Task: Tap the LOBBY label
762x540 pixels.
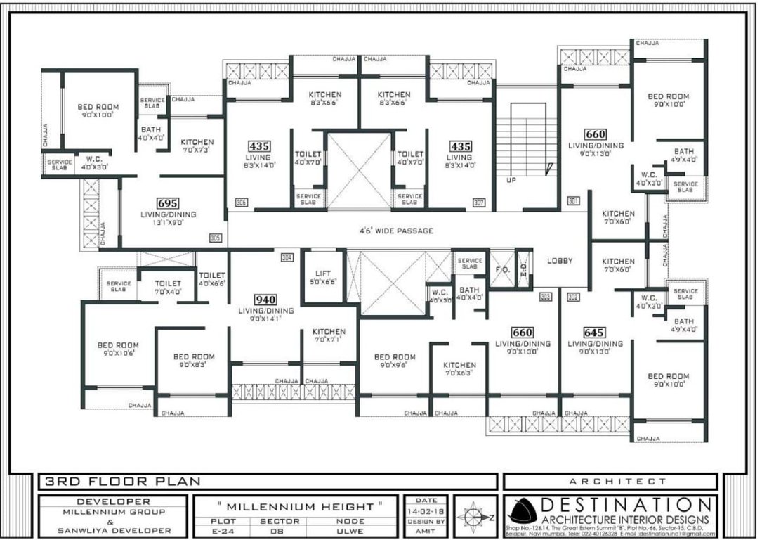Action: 560,261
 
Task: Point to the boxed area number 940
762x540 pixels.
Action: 265,298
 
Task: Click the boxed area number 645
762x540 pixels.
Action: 595,332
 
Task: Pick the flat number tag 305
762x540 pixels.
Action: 215,238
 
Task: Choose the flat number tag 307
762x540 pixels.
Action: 480,202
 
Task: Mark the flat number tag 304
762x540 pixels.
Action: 287,257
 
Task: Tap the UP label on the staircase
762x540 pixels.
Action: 511,180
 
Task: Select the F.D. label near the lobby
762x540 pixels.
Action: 502,269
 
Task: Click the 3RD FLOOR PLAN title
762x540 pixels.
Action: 123,482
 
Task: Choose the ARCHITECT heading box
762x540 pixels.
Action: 610,482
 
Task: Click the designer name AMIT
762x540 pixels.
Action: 426,531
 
